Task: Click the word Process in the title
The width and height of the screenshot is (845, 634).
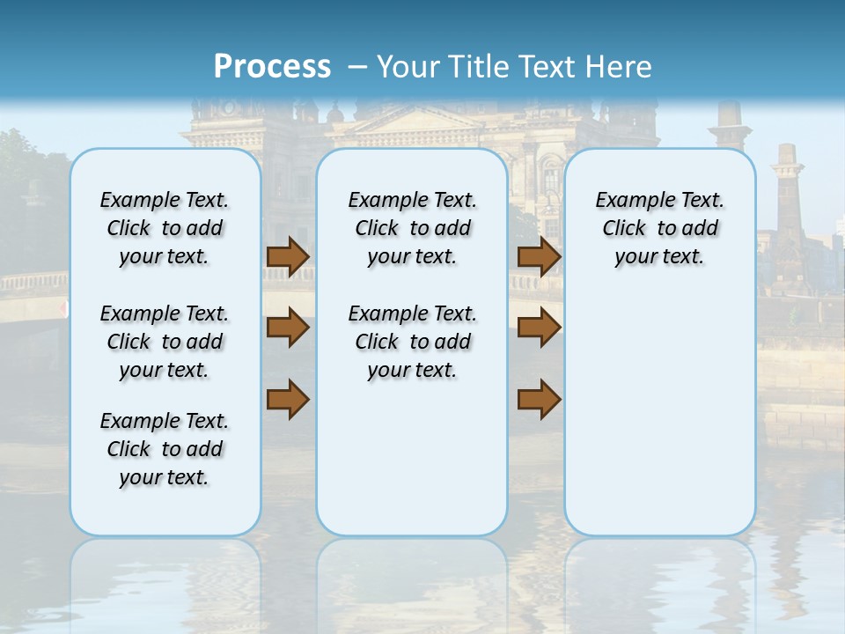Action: click(272, 66)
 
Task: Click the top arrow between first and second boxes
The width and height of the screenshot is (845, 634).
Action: click(288, 256)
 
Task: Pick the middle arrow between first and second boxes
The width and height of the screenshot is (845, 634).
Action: click(288, 328)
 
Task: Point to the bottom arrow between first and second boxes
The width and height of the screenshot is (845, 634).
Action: click(288, 399)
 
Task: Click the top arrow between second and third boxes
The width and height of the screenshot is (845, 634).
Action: click(539, 256)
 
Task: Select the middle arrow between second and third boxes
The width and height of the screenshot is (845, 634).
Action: click(539, 328)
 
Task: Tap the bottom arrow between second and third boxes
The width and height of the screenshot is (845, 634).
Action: click(539, 399)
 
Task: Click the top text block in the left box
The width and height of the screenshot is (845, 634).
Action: click(165, 228)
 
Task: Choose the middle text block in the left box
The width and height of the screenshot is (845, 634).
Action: click(165, 342)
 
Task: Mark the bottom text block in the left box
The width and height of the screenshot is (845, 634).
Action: click(165, 449)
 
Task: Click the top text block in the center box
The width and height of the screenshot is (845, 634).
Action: click(413, 228)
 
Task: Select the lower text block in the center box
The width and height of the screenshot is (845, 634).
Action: click(413, 342)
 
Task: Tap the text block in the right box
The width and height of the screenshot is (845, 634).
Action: click(660, 228)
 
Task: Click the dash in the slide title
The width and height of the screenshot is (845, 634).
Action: click(357, 66)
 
